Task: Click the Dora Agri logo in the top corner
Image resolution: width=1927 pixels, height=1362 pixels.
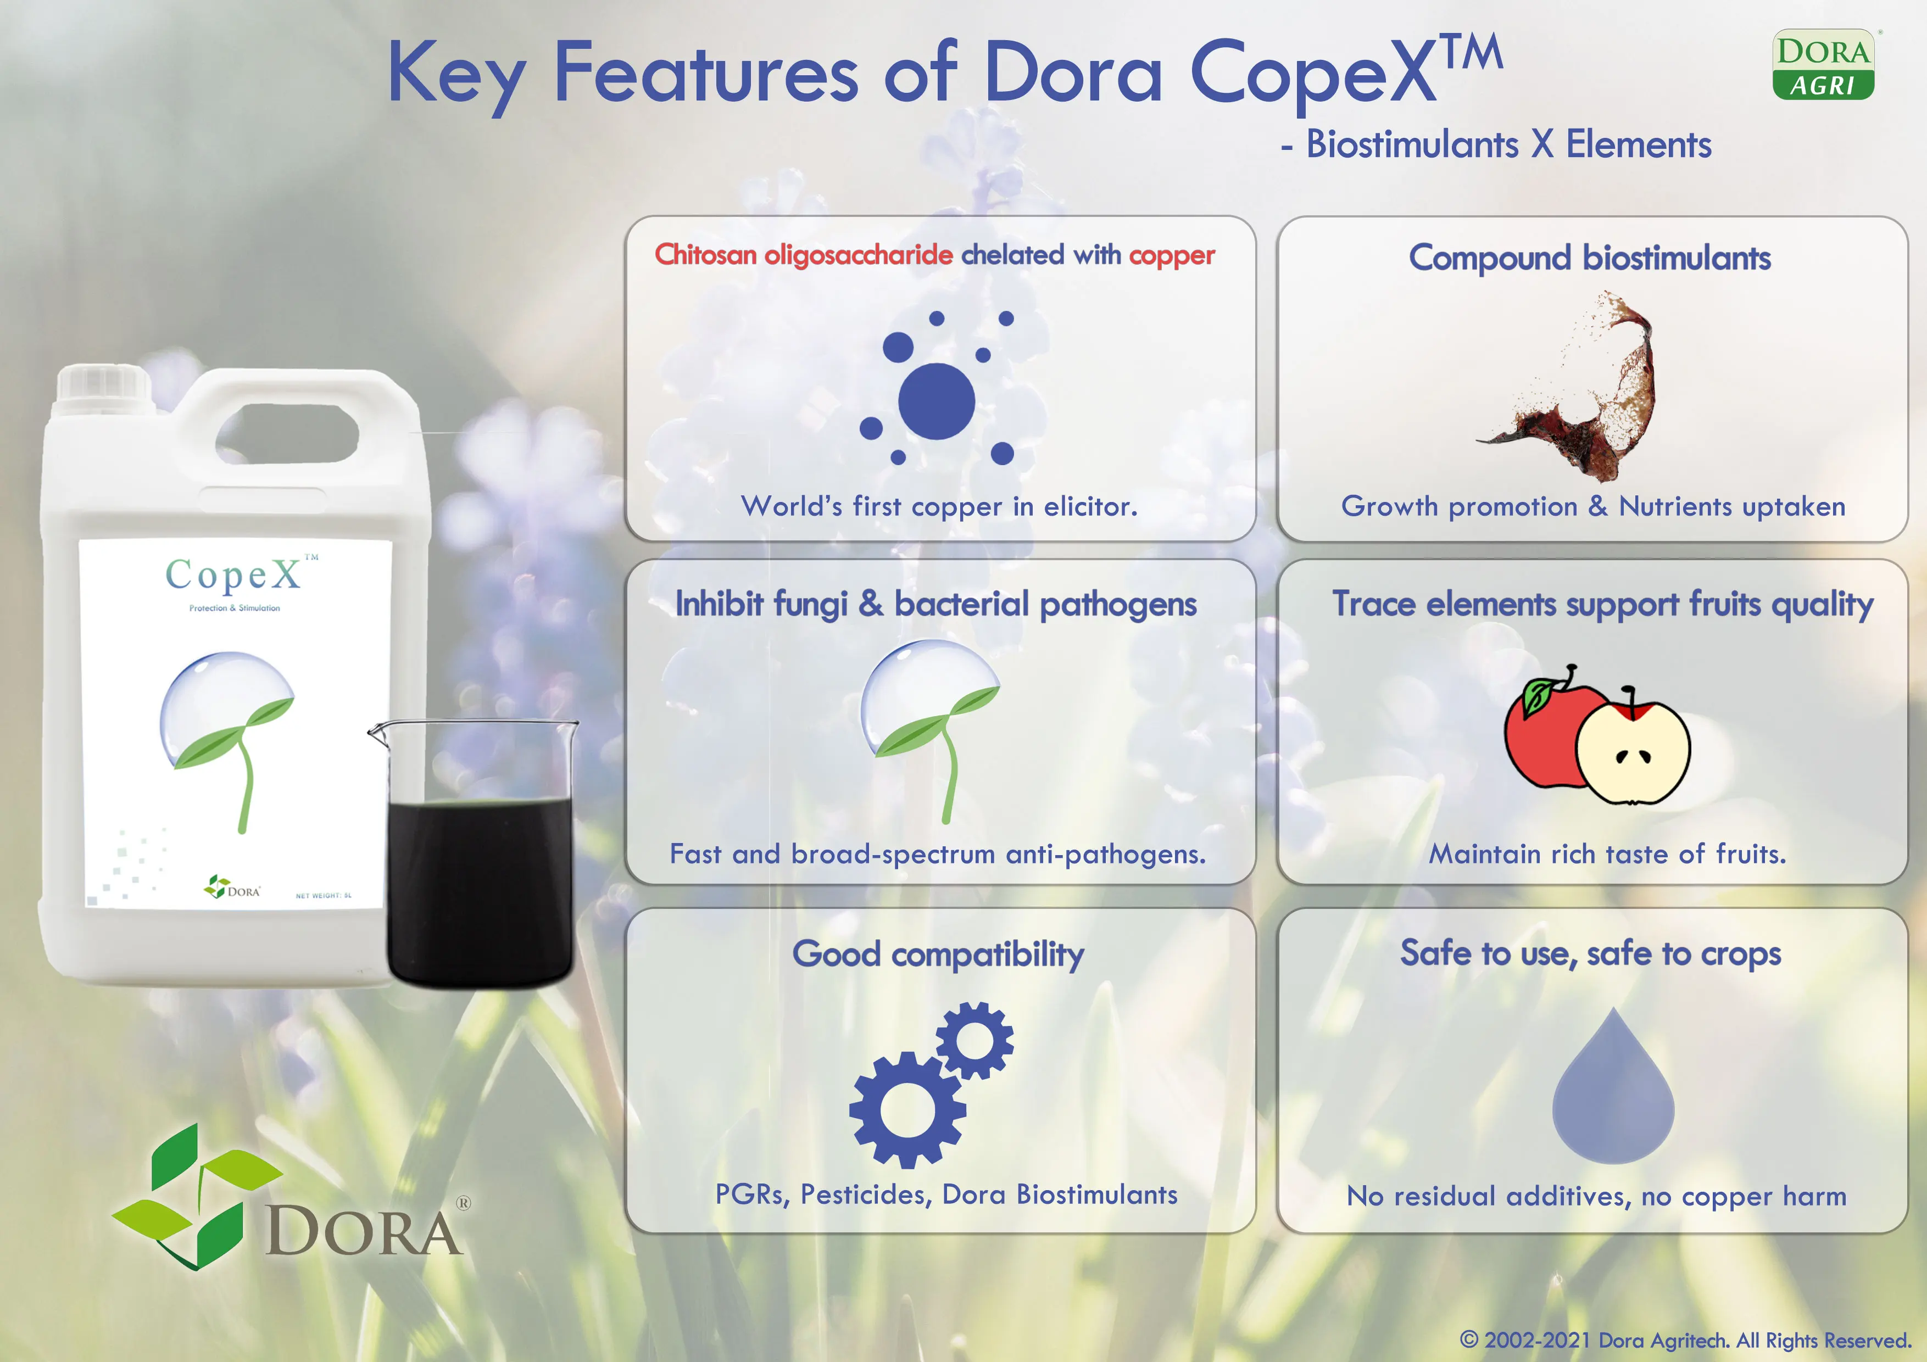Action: point(1823,65)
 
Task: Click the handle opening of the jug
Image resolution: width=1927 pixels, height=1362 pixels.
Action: point(287,432)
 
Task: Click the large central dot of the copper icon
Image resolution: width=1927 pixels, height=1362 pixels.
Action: point(936,401)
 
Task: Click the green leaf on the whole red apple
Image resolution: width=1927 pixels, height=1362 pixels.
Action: point(1539,696)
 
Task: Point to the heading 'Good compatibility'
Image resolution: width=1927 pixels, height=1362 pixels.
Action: point(938,954)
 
